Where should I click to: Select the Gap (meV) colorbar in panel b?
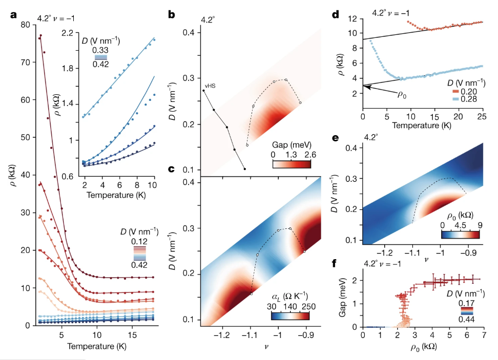point(292,164)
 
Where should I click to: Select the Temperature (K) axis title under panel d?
point(423,123)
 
